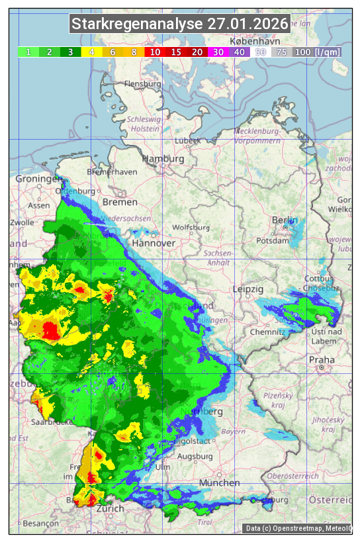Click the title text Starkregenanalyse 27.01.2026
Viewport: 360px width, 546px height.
[x=180, y=24]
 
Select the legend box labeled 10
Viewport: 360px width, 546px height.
[x=155, y=52]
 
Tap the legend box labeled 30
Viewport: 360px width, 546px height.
[x=218, y=52]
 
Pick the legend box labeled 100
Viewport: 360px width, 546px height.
[x=302, y=52]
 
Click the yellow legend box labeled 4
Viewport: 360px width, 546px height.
[x=92, y=52]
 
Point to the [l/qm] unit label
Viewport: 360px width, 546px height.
[x=328, y=52]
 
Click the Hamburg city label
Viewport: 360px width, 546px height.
[x=163, y=159]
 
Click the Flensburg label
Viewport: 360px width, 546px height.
[x=142, y=85]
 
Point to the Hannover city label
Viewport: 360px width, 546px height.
[x=154, y=243]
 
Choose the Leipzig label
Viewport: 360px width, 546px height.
[x=248, y=289]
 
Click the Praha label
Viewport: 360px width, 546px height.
[x=322, y=359]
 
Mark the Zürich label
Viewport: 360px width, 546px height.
[x=109, y=508]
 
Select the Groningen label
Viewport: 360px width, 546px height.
[x=38, y=179]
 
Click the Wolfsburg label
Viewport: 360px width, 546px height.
[x=191, y=227]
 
